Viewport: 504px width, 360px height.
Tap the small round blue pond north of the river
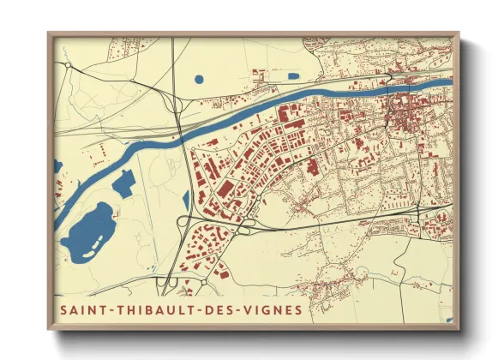click(199, 80)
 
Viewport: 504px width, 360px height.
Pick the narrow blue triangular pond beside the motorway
click(185, 199)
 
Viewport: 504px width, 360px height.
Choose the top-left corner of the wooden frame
click(50, 34)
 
